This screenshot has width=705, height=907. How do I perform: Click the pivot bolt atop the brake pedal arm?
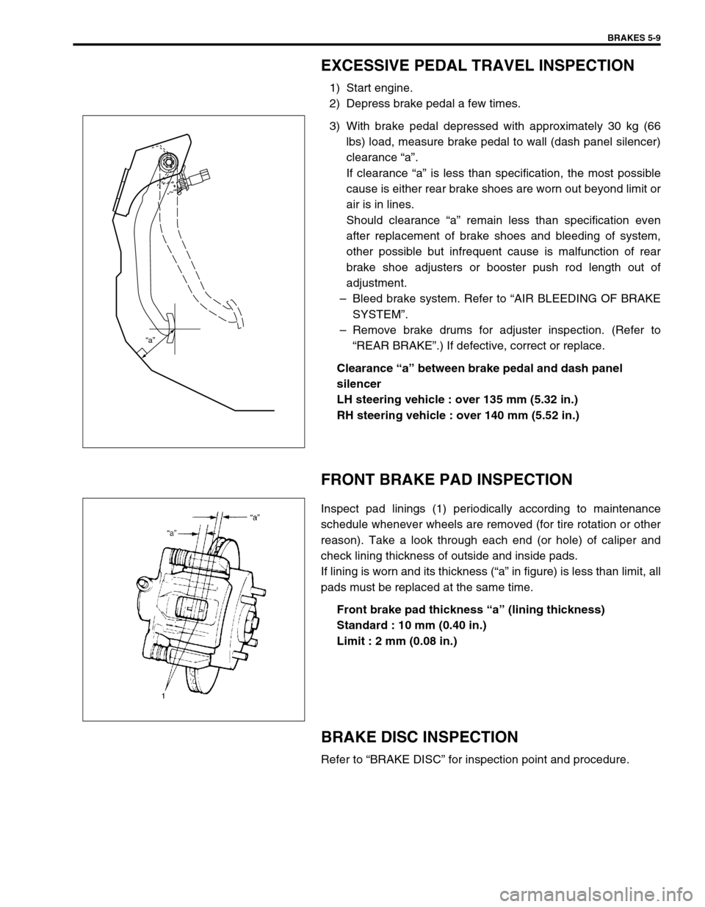tap(169, 162)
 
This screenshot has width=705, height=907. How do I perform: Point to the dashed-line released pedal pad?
tap(236, 307)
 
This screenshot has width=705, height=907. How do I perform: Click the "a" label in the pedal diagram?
tap(150, 340)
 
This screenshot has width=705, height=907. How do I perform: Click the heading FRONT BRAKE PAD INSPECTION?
tap(446, 480)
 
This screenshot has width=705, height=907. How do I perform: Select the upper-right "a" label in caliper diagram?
tap(255, 517)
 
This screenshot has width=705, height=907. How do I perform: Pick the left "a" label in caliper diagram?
tap(173, 532)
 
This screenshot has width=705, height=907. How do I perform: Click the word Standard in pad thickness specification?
tap(360, 625)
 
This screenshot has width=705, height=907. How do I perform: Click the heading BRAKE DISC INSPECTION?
tap(419, 737)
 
